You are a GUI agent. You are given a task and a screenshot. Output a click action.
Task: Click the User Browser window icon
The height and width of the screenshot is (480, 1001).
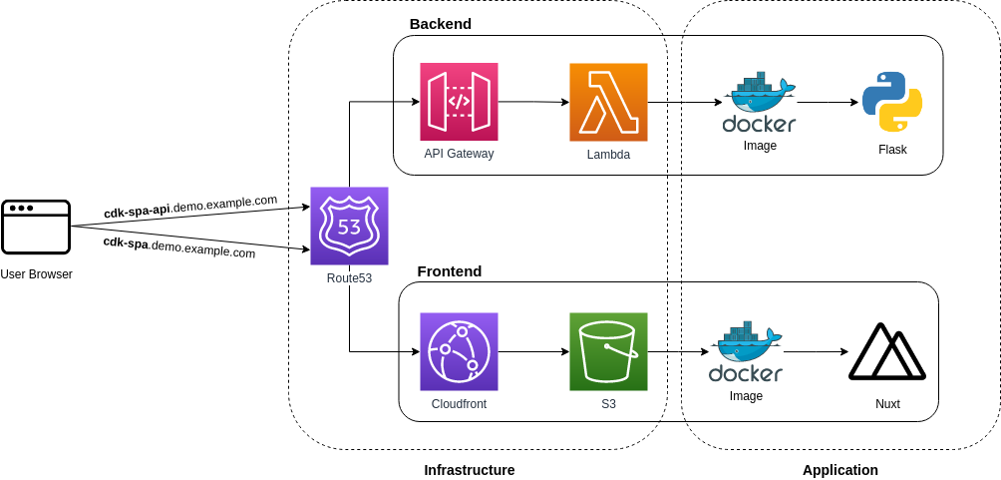point(36,227)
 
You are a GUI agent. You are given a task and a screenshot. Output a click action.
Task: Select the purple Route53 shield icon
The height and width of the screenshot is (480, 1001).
point(349,226)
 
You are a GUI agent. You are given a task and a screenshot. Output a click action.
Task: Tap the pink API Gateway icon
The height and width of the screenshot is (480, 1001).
point(459,102)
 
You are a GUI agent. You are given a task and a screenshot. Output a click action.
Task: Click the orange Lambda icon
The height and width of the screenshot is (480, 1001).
point(608,102)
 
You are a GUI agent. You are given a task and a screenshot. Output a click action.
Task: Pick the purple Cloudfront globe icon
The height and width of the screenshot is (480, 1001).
point(459,351)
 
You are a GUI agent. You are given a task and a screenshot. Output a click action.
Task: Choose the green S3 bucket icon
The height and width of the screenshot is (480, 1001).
point(608,351)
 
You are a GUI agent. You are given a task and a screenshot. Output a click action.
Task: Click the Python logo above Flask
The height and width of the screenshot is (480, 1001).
point(891,102)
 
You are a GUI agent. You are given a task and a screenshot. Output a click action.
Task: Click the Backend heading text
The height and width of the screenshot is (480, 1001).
point(440,23)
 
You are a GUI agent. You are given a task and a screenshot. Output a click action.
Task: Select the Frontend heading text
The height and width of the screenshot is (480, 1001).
point(449,270)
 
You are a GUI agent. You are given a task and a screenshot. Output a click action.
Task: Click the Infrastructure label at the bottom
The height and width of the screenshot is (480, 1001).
point(469,469)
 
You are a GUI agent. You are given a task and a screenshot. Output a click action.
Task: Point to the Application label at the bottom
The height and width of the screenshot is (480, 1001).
point(839,469)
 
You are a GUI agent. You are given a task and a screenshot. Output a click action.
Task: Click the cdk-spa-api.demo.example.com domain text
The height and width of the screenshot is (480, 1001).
point(190,207)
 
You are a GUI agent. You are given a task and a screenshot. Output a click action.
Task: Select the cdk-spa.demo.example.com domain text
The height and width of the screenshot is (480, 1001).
point(179,246)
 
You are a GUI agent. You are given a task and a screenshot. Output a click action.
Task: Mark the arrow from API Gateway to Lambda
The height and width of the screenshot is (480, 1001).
point(533,102)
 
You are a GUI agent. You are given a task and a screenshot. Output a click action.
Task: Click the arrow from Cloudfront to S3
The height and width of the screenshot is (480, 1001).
point(533,351)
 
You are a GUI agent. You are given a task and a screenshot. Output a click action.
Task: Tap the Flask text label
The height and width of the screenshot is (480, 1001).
point(892,150)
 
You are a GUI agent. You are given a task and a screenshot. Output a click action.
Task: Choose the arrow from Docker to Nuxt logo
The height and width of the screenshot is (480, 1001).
point(816,351)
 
